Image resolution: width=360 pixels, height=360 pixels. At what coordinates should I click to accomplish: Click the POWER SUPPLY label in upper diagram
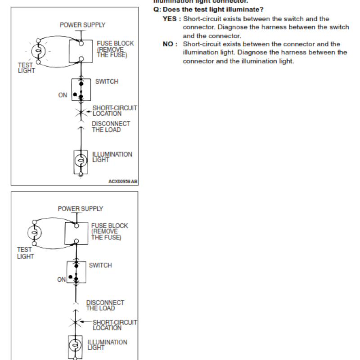click(83, 25)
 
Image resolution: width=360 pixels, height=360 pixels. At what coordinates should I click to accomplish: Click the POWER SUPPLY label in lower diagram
click(81, 209)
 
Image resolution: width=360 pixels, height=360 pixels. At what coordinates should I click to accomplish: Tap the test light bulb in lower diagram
click(35, 233)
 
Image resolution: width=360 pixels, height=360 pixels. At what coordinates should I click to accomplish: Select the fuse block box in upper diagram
click(81, 51)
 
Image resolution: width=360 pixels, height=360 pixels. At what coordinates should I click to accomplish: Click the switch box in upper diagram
click(81, 90)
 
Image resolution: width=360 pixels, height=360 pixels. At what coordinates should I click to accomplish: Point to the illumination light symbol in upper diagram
click(80, 161)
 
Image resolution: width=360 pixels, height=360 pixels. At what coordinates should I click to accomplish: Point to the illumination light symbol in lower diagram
click(75, 346)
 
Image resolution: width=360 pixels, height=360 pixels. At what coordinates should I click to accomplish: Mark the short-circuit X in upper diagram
click(81, 111)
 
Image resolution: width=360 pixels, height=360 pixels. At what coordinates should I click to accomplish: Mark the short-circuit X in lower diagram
click(75, 322)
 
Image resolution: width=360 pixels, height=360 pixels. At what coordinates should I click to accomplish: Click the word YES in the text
click(171, 19)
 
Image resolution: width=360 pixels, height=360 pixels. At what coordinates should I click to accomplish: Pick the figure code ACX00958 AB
click(123, 181)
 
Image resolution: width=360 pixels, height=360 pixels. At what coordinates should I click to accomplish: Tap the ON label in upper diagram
click(63, 95)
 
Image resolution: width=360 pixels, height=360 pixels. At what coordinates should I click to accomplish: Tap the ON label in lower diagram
click(61, 279)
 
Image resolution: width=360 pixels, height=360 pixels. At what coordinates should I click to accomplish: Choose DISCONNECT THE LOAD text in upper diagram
click(111, 127)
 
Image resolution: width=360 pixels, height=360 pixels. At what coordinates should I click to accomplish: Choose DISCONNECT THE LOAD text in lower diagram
click(105, 306)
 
